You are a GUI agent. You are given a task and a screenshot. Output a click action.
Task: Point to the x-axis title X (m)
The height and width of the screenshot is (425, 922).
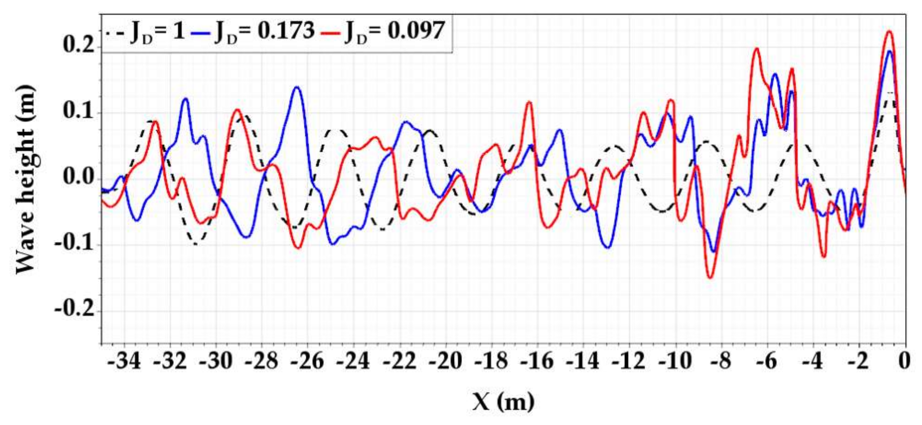point(503,401)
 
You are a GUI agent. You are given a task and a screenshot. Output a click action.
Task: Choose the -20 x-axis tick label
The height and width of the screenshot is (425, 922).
point(446,362)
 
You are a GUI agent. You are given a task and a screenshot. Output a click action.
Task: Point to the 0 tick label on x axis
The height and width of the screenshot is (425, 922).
point(905,362)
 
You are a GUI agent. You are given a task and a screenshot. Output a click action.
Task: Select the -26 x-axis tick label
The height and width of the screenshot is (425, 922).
point(308,362)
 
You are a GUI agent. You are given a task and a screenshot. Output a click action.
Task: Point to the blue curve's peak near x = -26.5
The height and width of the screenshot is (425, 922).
point(297,87)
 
